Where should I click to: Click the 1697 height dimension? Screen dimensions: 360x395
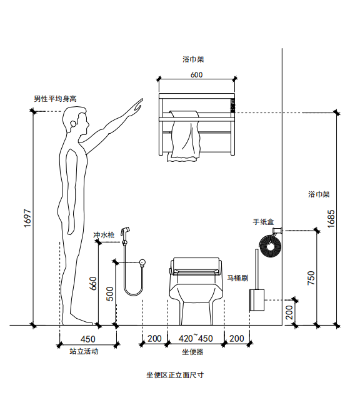pyautogui.click(x=27, y=218)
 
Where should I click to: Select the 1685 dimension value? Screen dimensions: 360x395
pyautogui.click(x=331, y=219)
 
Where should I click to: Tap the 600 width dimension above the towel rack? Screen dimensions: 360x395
pyautogui.click(x=196, y=75)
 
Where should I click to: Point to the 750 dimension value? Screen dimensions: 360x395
pyautogui.click(x=311, y=278)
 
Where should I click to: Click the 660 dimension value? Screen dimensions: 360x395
pyautogui.click(x=93, y=283)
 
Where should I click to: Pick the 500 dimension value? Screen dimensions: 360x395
pyautogui.click(x=110, y=294)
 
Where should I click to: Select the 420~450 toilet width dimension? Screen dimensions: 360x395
pyautogui.click(x=196, y=338)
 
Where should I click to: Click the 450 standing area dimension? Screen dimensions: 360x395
pyautogui.click(x=88, y=339)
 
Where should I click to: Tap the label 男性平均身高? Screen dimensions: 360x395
pyautogui.click(x=55, y=99)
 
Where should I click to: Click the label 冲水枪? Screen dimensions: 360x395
pyautogui.click(x=104, y=235)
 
